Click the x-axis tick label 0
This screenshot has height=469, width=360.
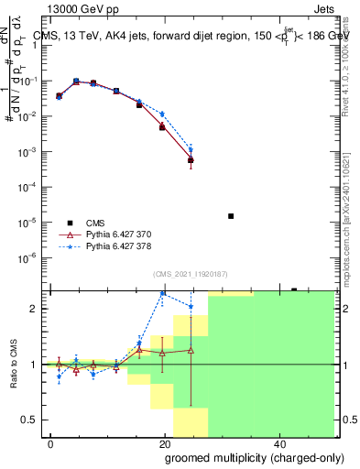point(51,442)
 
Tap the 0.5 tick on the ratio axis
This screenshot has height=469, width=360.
point(35,420)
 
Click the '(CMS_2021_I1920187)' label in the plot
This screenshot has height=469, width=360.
point(190,273)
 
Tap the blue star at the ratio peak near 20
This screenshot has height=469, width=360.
point(163,293)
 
